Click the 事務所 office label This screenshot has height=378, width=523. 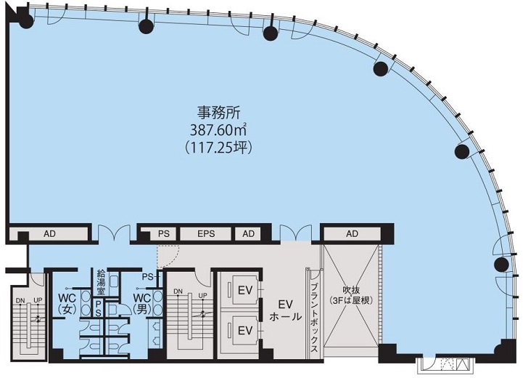click(218, 113)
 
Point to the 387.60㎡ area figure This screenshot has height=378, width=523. click(218, 130)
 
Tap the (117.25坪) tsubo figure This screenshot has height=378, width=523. click(218, 147)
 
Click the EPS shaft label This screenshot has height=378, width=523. click(206, 233)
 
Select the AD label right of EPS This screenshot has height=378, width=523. click(249, 233)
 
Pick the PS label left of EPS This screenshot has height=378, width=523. click(164, 233)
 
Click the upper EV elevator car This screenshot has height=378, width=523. click(245, 290)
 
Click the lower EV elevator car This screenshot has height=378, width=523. click(245, 330)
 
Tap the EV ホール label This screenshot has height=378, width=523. click(286, 310)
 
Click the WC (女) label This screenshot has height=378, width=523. click(67, 303)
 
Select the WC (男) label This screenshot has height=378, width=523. click(141, 303)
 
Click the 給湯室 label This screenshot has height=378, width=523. click(101, 282)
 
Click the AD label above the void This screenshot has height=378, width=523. click(352, 233)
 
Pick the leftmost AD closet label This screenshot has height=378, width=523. click(49, 233)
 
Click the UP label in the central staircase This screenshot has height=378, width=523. click(202, 295)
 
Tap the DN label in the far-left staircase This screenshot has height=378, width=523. click(20, 301)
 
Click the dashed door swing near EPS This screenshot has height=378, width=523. click(169, 257)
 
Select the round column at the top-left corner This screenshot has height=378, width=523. click(26, 22)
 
